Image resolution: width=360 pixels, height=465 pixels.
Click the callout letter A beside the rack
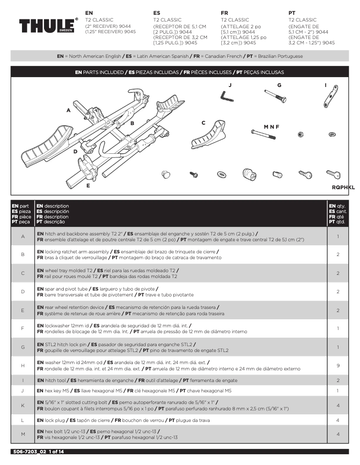coord(69,110)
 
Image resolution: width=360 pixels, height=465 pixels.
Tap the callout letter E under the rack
coord(88,185)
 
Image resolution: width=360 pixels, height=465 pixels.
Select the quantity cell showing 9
coord(338,365)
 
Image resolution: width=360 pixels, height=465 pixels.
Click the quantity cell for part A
coord(338,236)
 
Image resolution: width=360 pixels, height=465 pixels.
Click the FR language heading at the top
coord(224,13)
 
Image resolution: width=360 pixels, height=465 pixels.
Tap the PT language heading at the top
coord(292,13)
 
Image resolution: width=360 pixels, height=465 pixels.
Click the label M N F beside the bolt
coord(272,127)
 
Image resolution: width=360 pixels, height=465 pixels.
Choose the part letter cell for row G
coord(22,347)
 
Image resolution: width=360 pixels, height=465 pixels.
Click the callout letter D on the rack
coord(75,152)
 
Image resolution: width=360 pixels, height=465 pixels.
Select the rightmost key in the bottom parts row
coord(333,174)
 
